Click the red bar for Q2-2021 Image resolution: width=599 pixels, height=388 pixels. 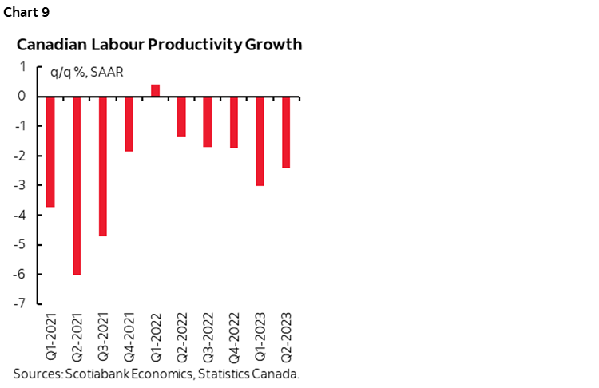[x=77, y=185]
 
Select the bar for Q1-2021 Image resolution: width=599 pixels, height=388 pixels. [x=50, y=152]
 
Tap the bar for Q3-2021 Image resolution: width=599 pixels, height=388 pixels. [x=102, y=166]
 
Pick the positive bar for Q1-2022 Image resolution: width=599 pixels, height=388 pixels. [x=155, y=90]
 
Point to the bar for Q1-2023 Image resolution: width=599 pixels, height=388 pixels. [x=260, y=141]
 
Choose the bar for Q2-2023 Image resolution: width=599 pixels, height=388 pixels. [x=286, y=133]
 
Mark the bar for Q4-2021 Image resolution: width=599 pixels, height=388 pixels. [x=129, y=124]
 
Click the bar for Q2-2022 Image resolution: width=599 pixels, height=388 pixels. [x=181, y=117]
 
